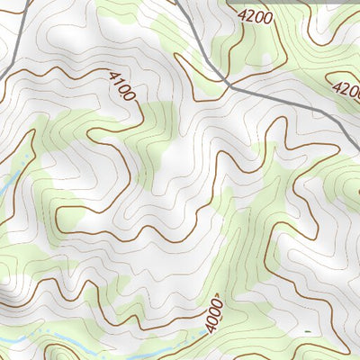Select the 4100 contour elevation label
(121, 87)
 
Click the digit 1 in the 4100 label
(118, 85)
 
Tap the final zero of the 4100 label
(130, 98)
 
